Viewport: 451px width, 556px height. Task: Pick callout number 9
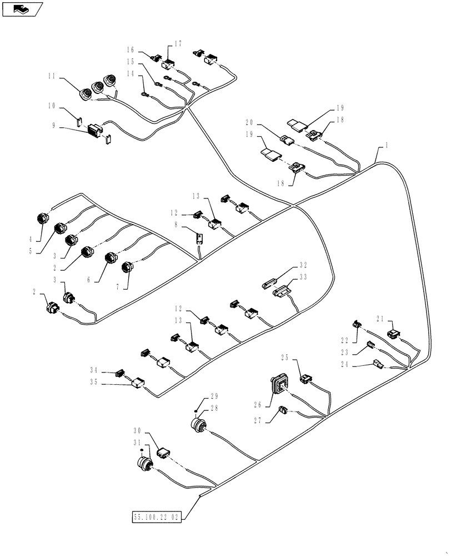coord(53,126)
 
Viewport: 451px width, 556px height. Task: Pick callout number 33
coord(303,276)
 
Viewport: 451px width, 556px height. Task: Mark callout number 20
coord(249,122)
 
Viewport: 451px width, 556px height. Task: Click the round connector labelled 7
coord(127,268)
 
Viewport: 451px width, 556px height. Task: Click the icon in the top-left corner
coord(22,8)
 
